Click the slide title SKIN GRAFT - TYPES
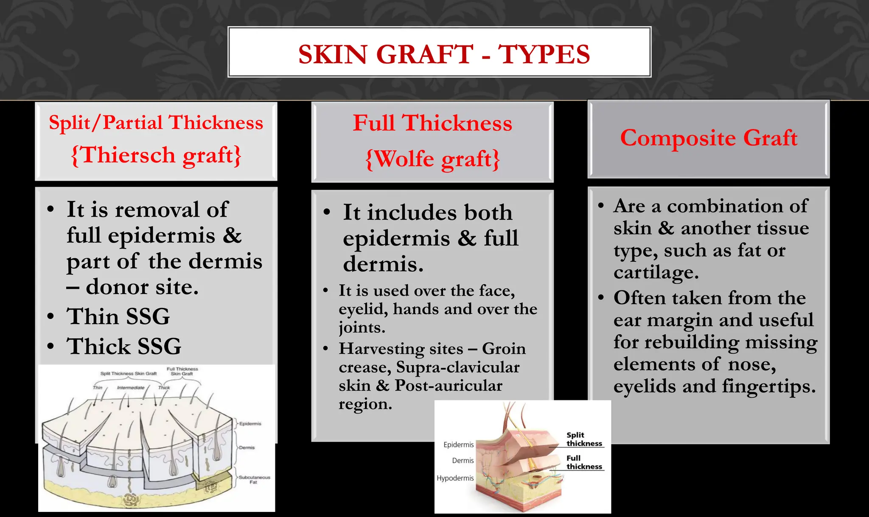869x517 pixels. point(444,54)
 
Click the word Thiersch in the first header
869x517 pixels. point(128,155)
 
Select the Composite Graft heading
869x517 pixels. point(709,138)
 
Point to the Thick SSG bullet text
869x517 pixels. point(124,347)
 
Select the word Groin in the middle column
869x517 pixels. point(504,349)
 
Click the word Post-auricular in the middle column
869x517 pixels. point(449,386)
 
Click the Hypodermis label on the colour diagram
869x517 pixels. point(455,478)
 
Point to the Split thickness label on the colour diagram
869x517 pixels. point(584,439)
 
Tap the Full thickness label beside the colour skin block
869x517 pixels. point(584,462)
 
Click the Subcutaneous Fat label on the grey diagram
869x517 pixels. point(254,480)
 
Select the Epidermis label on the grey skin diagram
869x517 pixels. point(250,424)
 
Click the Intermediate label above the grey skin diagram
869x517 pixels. point(130,388)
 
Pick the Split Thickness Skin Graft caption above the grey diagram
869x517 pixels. point(128,374)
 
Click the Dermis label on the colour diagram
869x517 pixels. point(463,461)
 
